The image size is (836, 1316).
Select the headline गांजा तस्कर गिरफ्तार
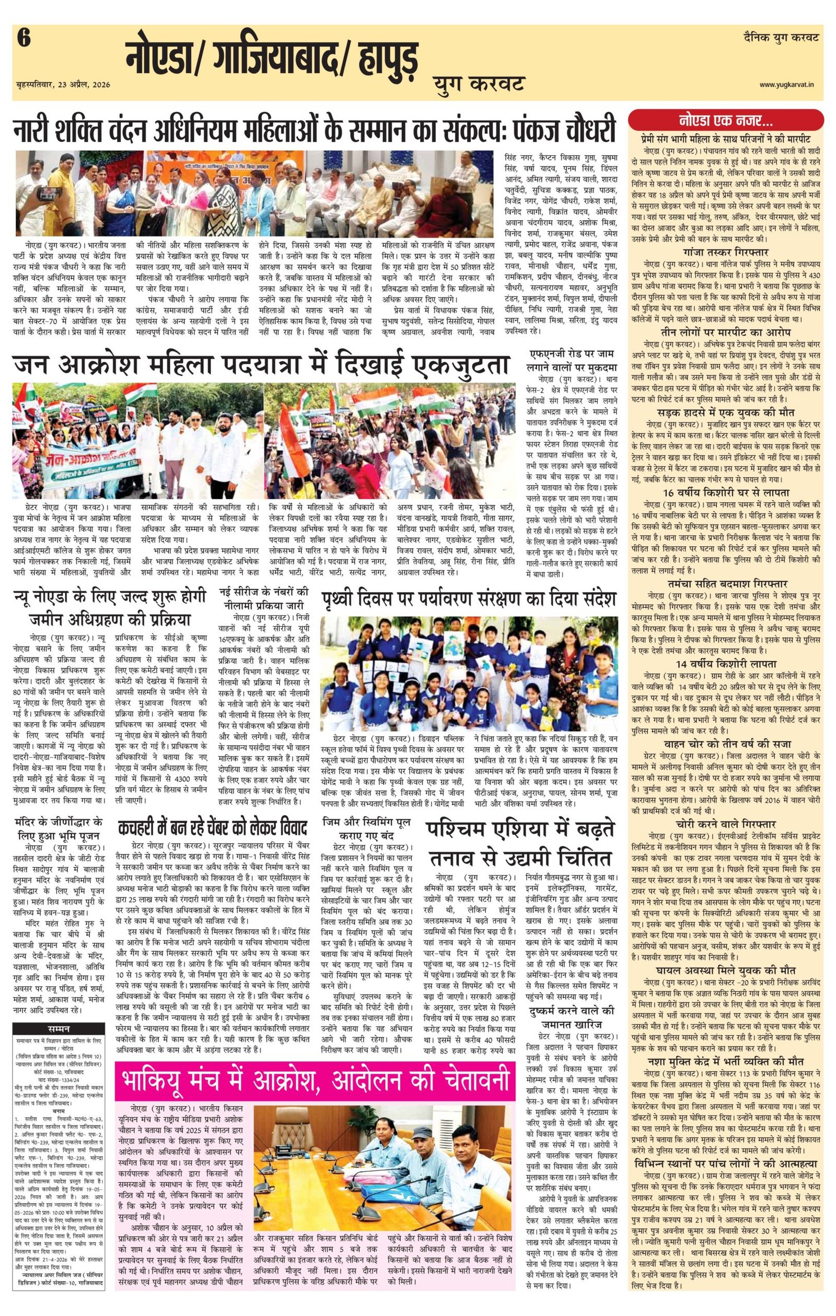point(725,252)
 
